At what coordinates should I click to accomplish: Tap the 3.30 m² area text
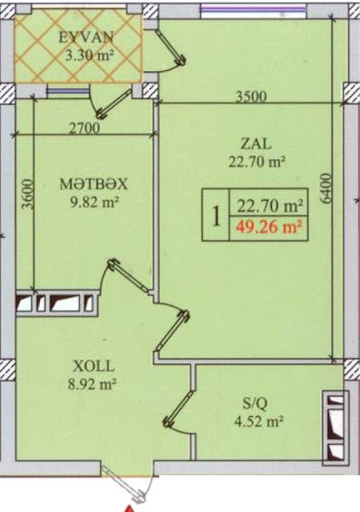[x=89, y=55]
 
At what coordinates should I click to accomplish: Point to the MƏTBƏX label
[x=93, y=185]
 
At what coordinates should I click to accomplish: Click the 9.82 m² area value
[x=94, y=202]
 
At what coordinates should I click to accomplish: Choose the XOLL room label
[x=94, y=366]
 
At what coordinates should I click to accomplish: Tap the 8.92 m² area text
[x=92, y=384]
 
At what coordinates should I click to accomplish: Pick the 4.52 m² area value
[x=258, y=422]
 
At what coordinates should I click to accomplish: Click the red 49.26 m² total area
[x=269, y=226]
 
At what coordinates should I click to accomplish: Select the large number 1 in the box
[x=216, y=216]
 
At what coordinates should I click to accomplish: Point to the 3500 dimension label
[x=251, y=97]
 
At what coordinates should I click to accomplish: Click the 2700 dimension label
[x=84, y=128]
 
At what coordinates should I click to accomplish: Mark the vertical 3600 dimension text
[x=27, y=194]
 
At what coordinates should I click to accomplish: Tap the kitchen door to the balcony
[x=110, y=102]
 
